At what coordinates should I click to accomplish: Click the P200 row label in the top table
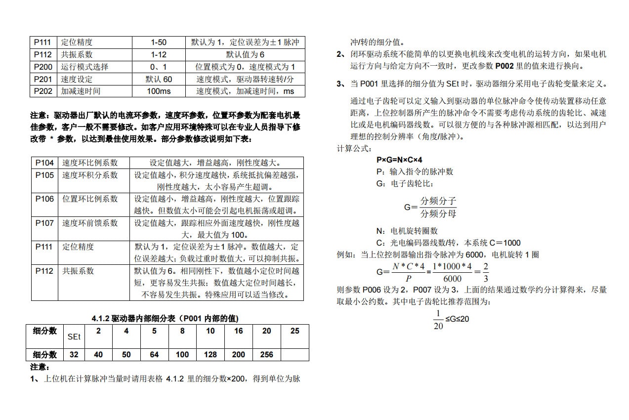click(42, 67)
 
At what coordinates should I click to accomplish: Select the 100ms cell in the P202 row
click(159, 91)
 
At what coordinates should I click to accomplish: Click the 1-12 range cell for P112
click(159, 54)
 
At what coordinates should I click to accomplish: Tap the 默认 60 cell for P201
click(159, 79)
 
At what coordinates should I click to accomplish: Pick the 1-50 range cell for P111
click(159, 42)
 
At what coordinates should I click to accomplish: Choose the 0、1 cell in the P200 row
click(159, 67)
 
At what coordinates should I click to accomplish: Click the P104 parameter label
click(44, 163)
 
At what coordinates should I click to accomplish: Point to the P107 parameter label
click(44, 223)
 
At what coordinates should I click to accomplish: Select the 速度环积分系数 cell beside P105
click(90, 175)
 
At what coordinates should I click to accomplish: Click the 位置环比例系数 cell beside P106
click(90, 199)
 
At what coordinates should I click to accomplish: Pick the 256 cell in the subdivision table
click(266, 355)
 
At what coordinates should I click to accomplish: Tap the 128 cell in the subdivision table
click(210, 355)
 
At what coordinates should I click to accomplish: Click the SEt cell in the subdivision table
click(74, 337)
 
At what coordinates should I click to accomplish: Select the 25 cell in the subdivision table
click(295, 331)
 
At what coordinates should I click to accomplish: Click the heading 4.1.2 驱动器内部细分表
click(168, 318)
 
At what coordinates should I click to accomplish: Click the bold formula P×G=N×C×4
click(399, 160)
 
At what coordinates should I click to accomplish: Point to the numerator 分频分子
click(438, 201)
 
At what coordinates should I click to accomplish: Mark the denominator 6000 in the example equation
click(453, 279)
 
